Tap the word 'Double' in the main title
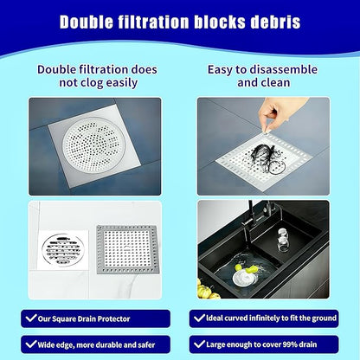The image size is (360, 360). point(89,22)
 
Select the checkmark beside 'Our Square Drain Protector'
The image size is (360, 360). point(30,318)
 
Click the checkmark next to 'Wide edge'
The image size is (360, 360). point(30,343)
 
